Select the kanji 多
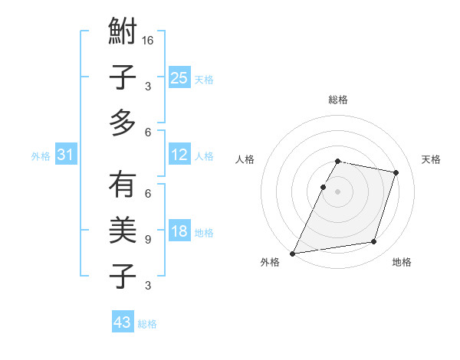click(x=123, y=123)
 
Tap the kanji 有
click(x=123, y=185)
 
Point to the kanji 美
click(x=123, y=231)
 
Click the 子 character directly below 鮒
click(x=123, y=79)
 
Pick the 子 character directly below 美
click(x=123, y=277)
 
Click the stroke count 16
click(x=148, y=41)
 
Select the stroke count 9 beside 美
click(x=148, y=240)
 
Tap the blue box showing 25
click(x=179, y=77)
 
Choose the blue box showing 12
click(x=179, y=155)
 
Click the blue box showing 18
click(x=179, y=232)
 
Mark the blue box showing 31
click(x=66, y=155)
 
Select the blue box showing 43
click(x=123, y=322)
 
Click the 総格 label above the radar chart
click(x=338, y=100)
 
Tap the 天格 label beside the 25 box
click(x=204, y=79)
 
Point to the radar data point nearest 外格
click(x=293, y=253)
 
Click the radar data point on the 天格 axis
click(x=396, y=172)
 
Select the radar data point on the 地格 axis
click(x=374, y=242)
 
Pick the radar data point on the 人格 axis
click(x=323, y=187)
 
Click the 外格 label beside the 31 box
click(x=41, y=155)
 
